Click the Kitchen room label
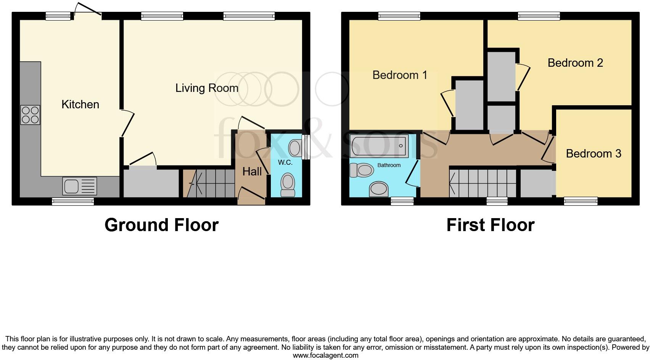coord(80,104)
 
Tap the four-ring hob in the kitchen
coord(30,115)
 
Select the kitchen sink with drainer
coord(79,186)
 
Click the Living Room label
coord(207,88)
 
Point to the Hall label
coord(252,172)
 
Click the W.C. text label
coord(285,163)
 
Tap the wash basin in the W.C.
coord(294,148)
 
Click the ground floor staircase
coord(209,183)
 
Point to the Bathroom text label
coord(389,165)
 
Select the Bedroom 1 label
coord(400,75)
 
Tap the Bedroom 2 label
coord(575,63)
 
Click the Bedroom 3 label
coord(593,154)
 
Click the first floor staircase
coord(483,183)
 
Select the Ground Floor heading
coord(161,225)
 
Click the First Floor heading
coord(490,225)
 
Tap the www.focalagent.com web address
coord(325,355)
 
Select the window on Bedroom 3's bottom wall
coord(581,201)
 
